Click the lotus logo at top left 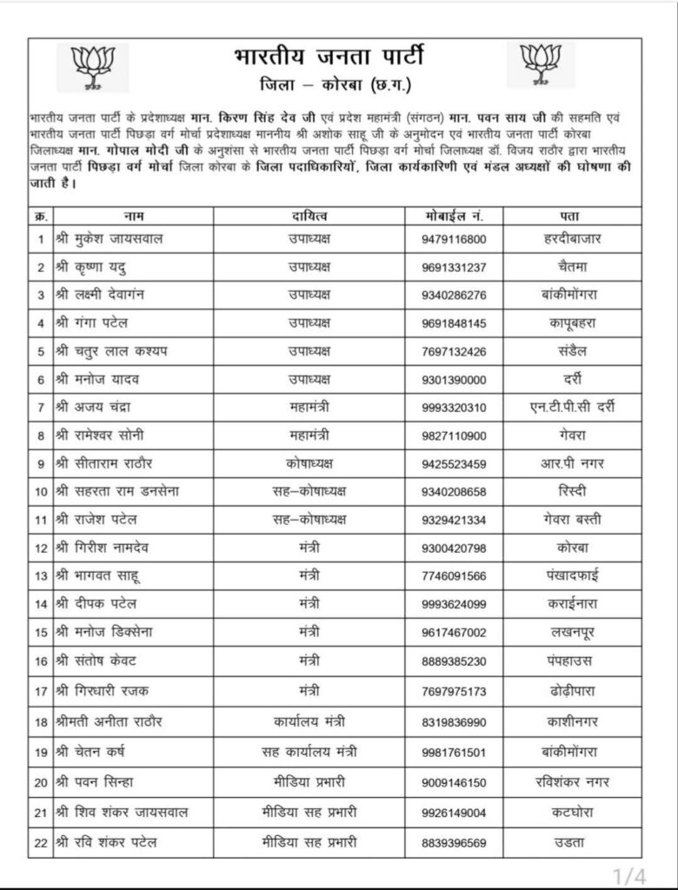(x=92, y=65)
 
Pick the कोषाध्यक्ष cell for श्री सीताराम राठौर (x=309, y=463)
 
